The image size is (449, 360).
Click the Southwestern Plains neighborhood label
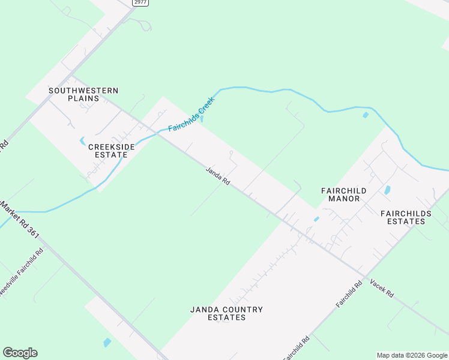[83, 94]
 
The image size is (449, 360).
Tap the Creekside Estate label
[108, 150]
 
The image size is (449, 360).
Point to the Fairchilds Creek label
[191, 115]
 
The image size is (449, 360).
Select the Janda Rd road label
[218, 176]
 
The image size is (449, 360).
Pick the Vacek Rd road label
[382, 289]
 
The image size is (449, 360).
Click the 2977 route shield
[140, 3]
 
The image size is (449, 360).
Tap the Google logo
[20, 353]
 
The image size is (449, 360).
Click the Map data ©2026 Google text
[412, 355]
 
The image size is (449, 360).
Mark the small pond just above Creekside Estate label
[82, 141]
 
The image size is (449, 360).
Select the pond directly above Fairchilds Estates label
[387, 190]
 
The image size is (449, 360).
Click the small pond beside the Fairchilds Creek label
[202, 119]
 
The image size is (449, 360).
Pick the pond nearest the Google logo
[107, 343]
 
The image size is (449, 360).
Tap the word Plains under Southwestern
[83, 98]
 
